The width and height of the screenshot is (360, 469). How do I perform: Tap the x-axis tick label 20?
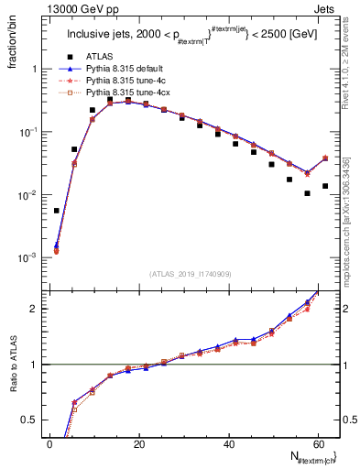tap(139, 443)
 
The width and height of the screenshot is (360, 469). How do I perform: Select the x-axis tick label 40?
tap(229, 443)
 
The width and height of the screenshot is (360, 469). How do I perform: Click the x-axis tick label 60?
tap(318, 443)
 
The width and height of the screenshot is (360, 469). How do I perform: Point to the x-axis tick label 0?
tap(50, 443)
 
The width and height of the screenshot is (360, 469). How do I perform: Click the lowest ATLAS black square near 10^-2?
tap(308, 193)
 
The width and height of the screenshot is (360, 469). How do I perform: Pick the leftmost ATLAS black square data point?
tap(57, 211)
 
